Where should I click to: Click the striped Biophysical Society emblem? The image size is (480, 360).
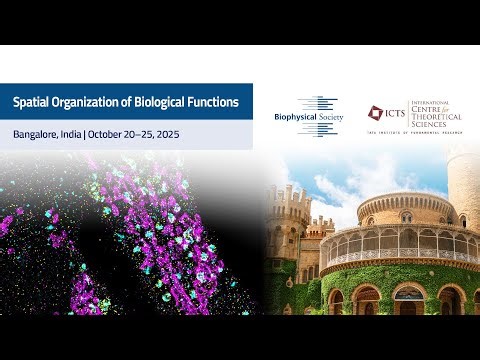(316, 115)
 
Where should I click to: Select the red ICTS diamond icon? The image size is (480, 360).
(375, 113)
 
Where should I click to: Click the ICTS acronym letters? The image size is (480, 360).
(396, 114)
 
